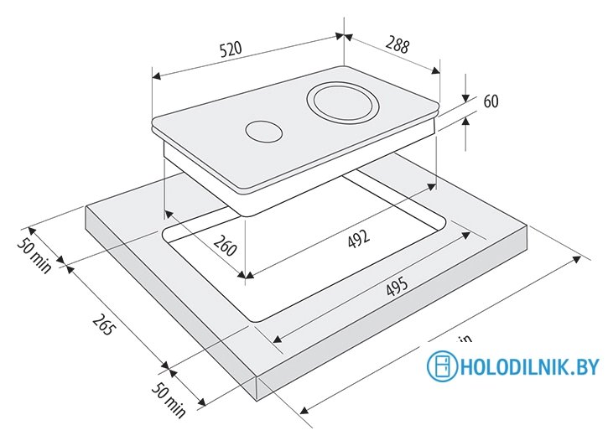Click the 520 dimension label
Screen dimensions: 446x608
click(x=231, y=49)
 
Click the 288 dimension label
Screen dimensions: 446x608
click(x=398, y=45)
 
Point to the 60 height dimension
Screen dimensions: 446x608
click(x=491, y=101)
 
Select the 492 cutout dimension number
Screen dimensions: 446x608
click(x=359, y=240)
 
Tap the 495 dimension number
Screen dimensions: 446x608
click(x=397, y=289)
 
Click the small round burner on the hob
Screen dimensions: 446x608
click(x=262, y=132)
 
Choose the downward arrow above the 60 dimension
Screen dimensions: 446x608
click(x=466, y=96)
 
